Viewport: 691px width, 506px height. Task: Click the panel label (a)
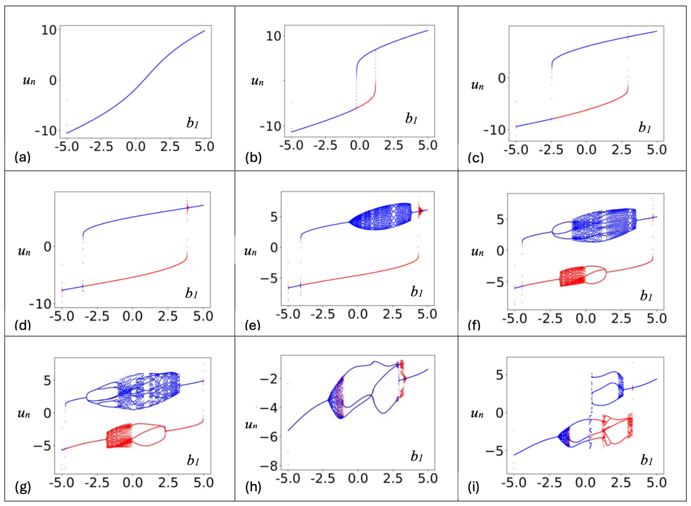pos(23,158)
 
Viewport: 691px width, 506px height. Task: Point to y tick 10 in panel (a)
pos(49,30)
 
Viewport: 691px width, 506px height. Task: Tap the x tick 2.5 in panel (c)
pos(621,150)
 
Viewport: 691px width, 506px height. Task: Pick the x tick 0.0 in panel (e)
pos(358,314)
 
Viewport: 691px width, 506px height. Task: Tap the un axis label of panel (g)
pos(24,413)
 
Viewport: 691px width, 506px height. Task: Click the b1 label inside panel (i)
pos(647,460)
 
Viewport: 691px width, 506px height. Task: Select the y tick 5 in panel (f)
pos(500,219)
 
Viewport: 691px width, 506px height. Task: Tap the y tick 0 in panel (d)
pos(47,246)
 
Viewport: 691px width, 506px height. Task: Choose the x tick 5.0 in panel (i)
pos(657,483)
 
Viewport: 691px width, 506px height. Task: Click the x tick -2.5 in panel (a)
pos(101,147)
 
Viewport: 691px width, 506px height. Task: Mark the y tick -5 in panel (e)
pos(269,279)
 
